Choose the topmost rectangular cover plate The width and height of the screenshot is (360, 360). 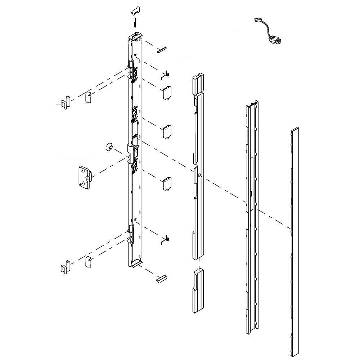click(x=167, y=93)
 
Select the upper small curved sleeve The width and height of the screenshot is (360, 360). click(x=87, y=97)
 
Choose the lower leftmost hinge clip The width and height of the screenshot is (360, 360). click(x=65, y=266)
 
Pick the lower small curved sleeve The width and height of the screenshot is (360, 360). click(x=87, y=261)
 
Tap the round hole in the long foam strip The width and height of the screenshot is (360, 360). click(x=200, y=176)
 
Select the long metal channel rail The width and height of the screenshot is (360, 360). click(x=252, y=216)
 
